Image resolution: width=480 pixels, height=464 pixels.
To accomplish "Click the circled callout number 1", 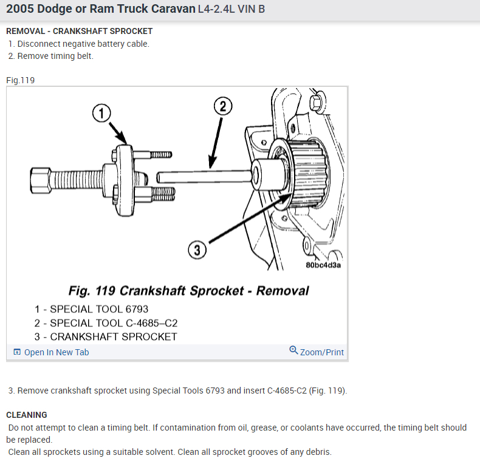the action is coord(101,112).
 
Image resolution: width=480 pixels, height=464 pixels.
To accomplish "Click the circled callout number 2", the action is coord(223,106).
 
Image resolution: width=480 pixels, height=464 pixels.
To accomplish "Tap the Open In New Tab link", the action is coord(56,352).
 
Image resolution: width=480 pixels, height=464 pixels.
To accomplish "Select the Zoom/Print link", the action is coord(321,352).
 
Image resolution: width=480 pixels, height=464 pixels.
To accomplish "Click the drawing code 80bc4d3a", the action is coord(322,265).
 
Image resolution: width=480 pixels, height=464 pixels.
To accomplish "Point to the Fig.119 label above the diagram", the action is coord(20,80).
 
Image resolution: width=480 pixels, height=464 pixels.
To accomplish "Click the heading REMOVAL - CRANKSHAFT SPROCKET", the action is coord(79,31).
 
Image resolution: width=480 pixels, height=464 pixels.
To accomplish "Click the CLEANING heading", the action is coord(27,415).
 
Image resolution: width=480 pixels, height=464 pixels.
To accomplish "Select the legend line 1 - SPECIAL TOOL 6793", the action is coord(91,309).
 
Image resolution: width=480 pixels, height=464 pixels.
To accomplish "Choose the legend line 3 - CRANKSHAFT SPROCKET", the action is coord(106,336).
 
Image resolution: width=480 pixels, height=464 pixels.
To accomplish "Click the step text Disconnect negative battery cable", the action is coord(83,44).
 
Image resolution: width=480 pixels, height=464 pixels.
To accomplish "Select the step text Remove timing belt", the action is coord(55,56).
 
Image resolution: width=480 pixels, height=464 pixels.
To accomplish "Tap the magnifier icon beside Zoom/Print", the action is coord(294,350).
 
